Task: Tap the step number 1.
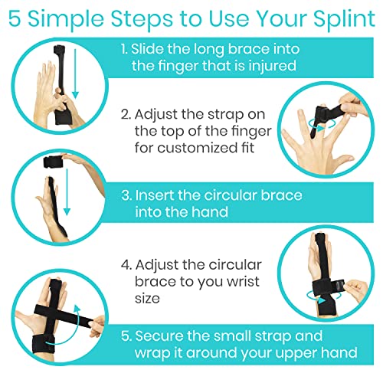[125, 49]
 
